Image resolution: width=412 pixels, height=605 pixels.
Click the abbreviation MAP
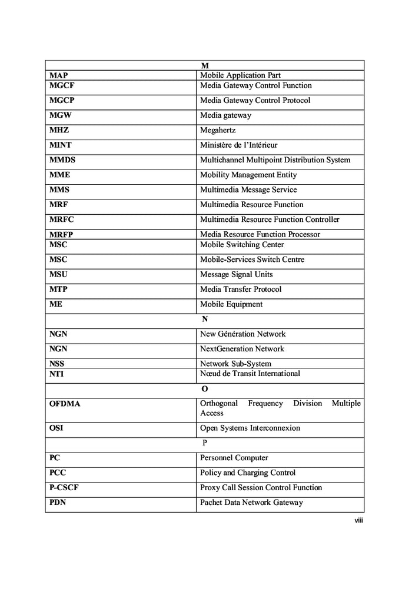coord(58,75)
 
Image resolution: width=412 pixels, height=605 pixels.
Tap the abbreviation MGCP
coord(62,101)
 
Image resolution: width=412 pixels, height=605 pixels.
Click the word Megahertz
coord(218,131)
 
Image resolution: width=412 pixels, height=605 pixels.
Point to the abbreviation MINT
coord(61,145)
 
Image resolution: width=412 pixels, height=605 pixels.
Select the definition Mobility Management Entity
coord(248,175)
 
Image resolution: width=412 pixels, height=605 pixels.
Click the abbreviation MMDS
coord(62,160)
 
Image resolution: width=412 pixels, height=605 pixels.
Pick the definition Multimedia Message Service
coord(248,190)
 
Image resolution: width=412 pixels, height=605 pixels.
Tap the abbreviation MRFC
coord(62,220)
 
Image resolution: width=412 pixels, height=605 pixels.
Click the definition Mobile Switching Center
coord(242,245)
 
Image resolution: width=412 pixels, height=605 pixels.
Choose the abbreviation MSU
coord(59,274)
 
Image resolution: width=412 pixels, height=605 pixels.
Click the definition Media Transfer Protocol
coord(241,290)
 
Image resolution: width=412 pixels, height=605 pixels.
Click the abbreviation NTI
coord(58,374)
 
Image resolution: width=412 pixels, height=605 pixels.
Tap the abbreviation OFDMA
coord(65,404)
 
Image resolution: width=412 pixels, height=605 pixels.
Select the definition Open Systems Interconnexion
coord(250,428)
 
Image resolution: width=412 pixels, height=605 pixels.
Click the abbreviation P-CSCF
coord(62,488)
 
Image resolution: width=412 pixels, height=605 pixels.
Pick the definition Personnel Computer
coord(234,458)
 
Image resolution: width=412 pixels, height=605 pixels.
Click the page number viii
coord(358,520)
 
